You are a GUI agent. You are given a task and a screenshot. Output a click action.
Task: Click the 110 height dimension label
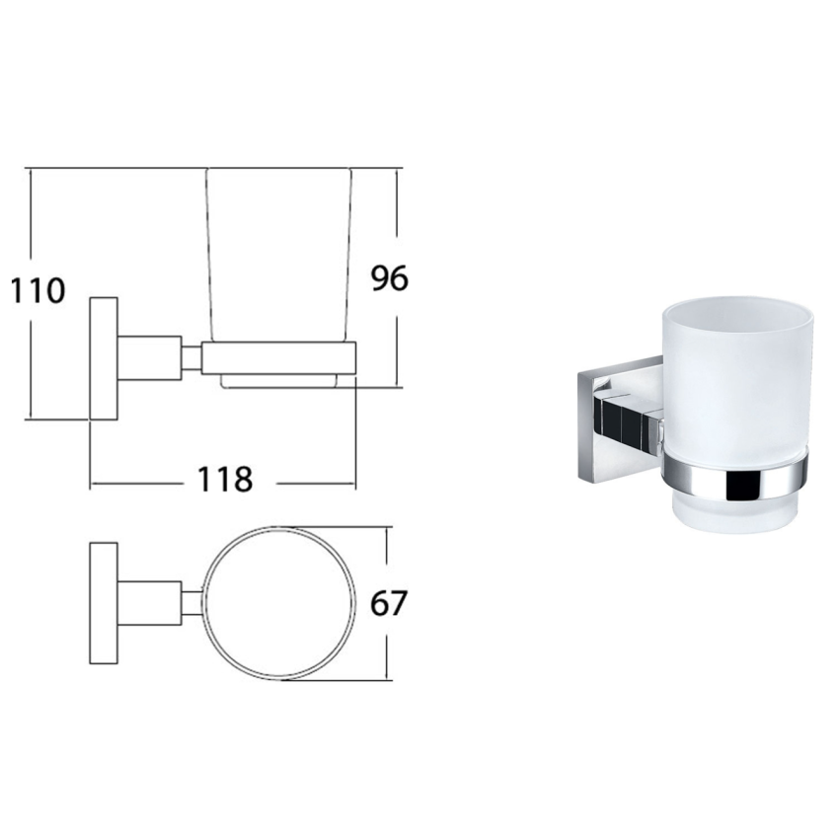click(38, 291)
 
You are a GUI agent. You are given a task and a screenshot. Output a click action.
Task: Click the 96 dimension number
click(389, 279)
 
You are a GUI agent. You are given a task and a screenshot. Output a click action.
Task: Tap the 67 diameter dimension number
click(387, 602)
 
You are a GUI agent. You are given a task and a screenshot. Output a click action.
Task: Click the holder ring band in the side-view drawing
click(277, 357)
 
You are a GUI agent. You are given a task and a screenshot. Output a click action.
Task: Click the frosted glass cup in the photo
click(730, 375)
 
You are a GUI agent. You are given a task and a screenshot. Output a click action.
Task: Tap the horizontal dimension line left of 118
click(138, 485)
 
